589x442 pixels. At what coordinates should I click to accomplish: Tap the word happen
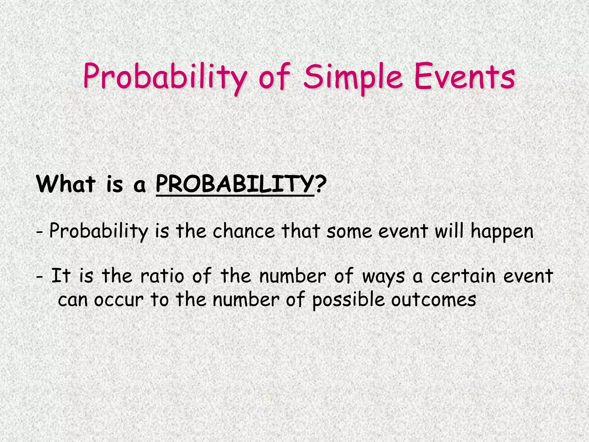click(502, 232)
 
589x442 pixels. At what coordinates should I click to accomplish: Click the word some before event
click(349, 232)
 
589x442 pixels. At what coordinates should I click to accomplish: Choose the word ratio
click(162, 276)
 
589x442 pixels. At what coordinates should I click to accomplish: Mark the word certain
click(463, 276)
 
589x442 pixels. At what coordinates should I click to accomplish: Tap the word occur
click(118, 300)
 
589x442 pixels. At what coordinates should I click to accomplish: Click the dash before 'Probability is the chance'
click(40, 232)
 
